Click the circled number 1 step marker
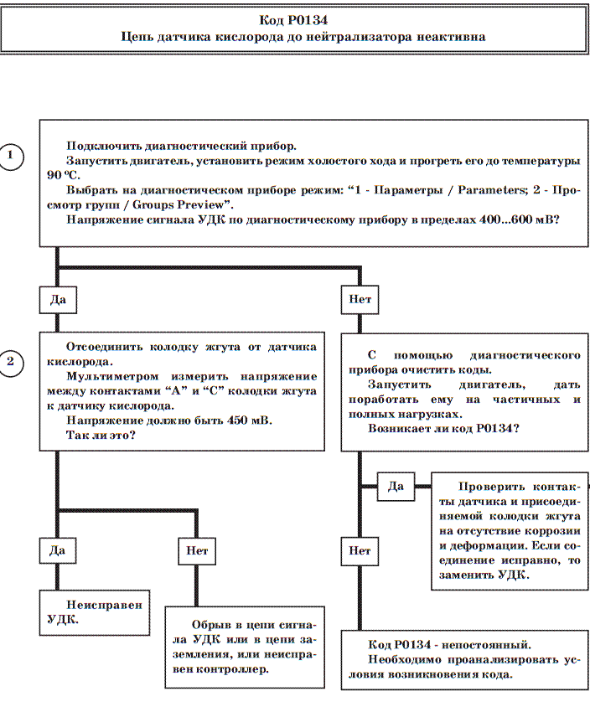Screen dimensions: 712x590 click(x=11, y=157)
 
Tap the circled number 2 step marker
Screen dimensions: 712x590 click(x=11, y=362)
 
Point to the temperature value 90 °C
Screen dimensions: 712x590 click(x=59, y=175)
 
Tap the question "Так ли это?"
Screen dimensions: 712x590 click(x=101, y=436)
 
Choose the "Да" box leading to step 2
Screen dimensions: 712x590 click(x=58, y=299)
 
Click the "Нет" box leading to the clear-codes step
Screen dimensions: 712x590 click(x=360, y=299)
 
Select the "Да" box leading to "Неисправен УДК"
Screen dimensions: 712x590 click(x=58, y=550)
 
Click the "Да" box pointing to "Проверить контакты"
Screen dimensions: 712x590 click(x=396, y=486)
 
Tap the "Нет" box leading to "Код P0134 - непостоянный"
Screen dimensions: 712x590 click(x=360, y=550)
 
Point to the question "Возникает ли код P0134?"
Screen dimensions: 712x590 click(x=443, y=428)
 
